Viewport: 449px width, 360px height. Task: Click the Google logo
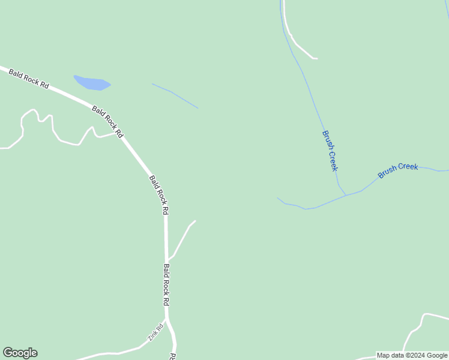point(20,353)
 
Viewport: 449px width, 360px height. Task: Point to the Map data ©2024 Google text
point(412,355)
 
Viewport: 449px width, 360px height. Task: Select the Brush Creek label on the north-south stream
point(330,151)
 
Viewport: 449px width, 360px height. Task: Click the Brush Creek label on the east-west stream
point(397,170)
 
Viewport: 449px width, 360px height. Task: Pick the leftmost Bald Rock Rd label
point(28,79)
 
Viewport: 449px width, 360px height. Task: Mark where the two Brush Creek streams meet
point(346,195)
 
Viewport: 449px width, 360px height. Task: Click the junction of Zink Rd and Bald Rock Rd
point(167,319)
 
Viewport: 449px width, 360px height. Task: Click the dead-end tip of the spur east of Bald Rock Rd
point(195,221)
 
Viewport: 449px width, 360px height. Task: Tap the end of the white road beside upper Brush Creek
point(316,59)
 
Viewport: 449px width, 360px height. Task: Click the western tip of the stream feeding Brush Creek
point(277,198)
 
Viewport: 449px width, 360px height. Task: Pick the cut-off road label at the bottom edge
point(173,356)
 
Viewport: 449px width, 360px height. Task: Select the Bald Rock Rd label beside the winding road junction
point(107,121)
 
